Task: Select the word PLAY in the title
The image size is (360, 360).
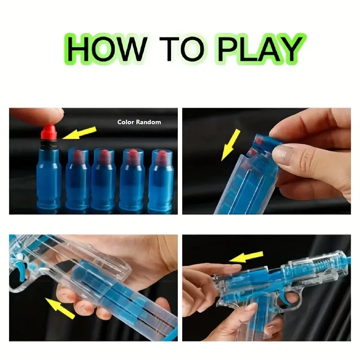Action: (x=261, y=49)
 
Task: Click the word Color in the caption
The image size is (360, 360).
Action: (x=126, y=122)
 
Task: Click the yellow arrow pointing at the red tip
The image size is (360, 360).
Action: (x=80, y=133)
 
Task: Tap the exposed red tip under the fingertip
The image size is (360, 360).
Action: (x=49, y=132)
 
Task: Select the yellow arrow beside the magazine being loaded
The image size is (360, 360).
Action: (x=230, y=145)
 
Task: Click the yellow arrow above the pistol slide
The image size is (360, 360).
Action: (x=246, y=256)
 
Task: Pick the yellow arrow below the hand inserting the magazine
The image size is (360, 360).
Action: (x=60, y=308)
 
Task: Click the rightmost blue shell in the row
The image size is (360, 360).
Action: (x=161, y=180)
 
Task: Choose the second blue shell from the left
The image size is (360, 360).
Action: (x=77, y=179)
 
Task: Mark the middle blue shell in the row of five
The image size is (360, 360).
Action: (x=104, y=180)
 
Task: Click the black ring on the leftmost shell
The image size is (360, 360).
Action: (x=49, y=144)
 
